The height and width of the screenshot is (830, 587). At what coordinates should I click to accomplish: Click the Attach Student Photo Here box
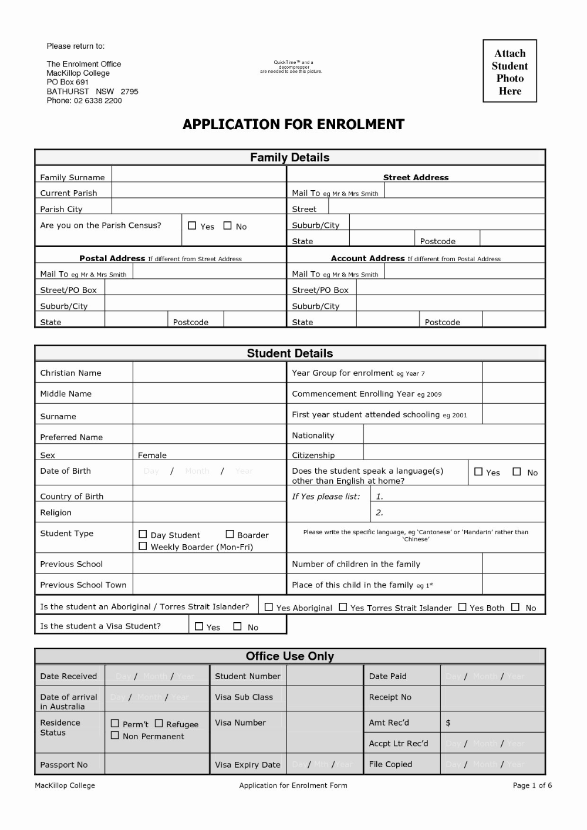click(510, 71)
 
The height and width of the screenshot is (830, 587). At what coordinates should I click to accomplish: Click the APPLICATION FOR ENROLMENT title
click(293, 124)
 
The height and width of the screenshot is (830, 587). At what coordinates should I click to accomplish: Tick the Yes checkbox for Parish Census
click(192, 225)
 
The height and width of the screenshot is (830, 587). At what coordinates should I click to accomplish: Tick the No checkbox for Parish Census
click(227, 225)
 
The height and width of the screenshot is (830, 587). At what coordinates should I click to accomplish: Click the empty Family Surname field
click(198, 175)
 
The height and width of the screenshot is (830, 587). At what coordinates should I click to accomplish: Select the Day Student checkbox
click(143, 534)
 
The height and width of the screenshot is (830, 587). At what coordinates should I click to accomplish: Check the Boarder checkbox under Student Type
click(230, 534)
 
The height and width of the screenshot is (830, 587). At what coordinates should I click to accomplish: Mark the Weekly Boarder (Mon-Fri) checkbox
click(143, 546)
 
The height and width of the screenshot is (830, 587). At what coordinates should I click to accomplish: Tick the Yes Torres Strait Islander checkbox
click(343, 607)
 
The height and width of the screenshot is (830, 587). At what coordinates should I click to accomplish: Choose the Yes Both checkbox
click(462, 607)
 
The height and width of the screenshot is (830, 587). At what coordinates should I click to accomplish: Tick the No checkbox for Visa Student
click(237, 626)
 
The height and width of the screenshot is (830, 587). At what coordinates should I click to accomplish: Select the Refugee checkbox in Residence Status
click(158, 724)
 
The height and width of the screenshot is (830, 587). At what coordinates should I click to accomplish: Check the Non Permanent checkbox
click(115, 735)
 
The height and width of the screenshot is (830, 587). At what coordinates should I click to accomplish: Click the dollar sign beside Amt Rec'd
click(448, 723)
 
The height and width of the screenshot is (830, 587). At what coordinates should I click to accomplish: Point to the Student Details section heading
click(290, 353)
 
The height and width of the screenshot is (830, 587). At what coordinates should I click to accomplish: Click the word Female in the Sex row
click(152, 455)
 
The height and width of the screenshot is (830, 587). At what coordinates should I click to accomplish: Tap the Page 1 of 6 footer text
click(532, 785)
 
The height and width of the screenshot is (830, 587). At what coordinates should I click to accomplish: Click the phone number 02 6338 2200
click(98, 100)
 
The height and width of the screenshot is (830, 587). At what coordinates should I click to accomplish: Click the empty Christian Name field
click(209, 373)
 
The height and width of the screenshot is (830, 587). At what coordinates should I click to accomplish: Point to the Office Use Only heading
click(290, 656)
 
